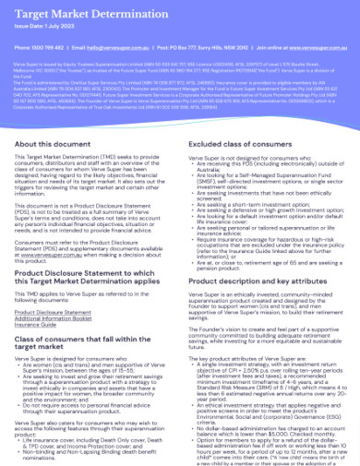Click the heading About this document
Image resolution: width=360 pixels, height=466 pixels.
click(53, 146)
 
